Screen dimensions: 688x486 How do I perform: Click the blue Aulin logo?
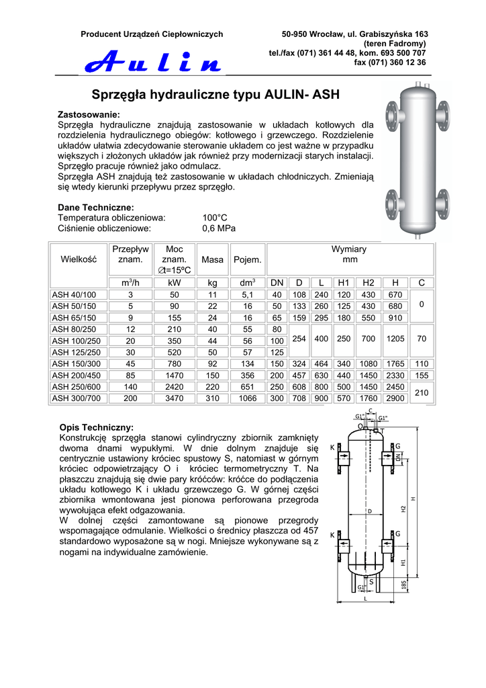click(x=152, y=62)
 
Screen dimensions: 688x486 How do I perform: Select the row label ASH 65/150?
click(x=74, y=318)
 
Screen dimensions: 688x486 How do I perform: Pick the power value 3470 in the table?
click(x=175, y=398)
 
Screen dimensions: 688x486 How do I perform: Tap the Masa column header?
click(x=212, y=259)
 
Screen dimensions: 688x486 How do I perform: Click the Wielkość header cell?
click(x=79, y=259)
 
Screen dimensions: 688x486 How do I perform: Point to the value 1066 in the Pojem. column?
click(x=248, y=398)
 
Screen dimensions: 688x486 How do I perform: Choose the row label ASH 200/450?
click(x=76, y=376)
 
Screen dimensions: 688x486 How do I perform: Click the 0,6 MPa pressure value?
click(x=219, y=228)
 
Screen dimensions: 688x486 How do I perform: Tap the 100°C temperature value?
click(x=215, y=218)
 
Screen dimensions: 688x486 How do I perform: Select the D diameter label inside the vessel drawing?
click(x=369, y=511)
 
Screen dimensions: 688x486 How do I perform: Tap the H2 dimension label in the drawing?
click(x=403, y=509)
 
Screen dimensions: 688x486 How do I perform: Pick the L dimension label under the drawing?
click(x=365, y=598)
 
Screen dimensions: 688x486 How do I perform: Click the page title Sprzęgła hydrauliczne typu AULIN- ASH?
click(x=215, y=95)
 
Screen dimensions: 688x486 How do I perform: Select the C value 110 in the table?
click(x=422, y=364)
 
